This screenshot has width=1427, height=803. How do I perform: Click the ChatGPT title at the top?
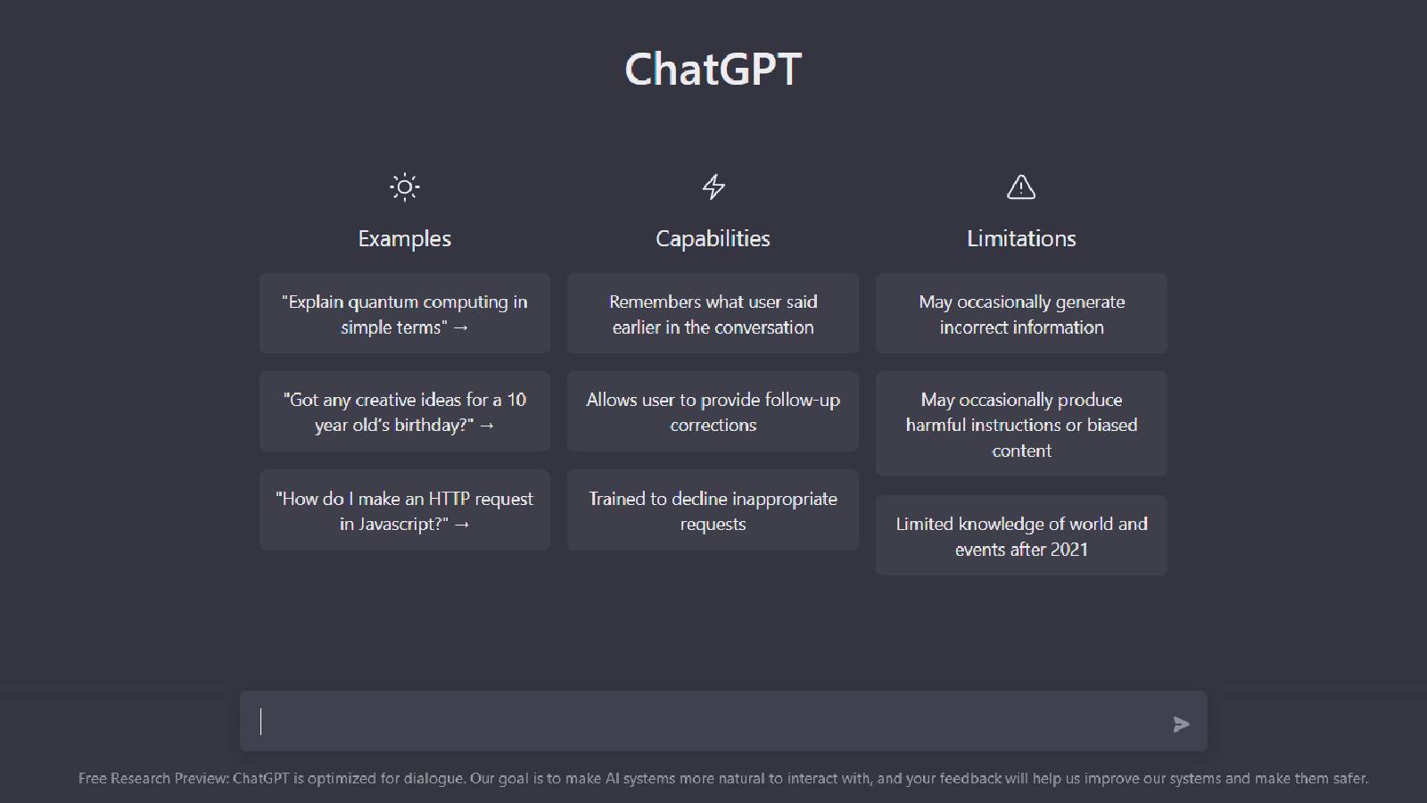click(713, 69)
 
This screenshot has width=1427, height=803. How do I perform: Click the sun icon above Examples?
click(405, 186)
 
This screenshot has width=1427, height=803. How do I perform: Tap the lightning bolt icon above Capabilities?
click(713, 186)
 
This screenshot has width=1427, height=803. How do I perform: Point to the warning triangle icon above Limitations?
click(1021, 186)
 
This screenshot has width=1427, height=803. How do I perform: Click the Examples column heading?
click(405, 238)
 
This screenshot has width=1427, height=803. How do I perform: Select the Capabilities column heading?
click(713, 238)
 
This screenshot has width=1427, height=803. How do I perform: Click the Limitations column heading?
click(1021, 238)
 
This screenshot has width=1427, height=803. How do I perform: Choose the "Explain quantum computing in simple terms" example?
click(405, 313)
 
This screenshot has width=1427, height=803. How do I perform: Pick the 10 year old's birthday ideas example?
click(405, 411)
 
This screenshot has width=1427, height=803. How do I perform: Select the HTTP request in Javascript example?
click(405, 510)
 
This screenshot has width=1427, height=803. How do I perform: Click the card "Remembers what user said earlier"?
click(713, 313)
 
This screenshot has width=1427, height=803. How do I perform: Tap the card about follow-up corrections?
click(713, 411)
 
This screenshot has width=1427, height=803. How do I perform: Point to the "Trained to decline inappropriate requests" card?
click(713, 510)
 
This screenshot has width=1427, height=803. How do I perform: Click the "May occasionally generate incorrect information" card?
click(1021, 313)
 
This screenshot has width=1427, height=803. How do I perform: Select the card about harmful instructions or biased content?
click(1021, 424)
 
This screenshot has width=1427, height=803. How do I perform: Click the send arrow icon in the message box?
click(1182, 724)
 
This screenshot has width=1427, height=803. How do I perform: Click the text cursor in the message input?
click(261, 721)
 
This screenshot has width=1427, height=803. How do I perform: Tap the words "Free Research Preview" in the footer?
click(153, 778)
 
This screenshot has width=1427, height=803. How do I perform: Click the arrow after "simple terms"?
click(461, 327)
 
